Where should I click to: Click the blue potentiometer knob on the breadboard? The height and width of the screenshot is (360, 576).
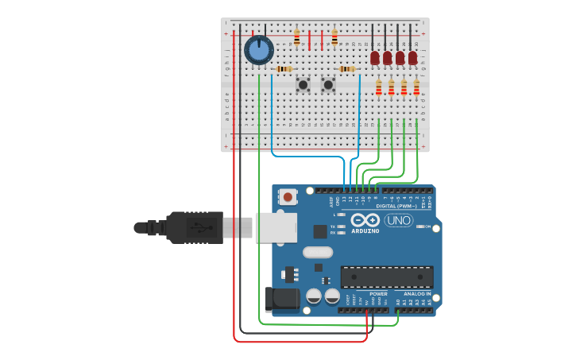258,50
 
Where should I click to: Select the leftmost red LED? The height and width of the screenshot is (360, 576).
375,57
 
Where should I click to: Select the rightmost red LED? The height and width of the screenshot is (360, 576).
412,57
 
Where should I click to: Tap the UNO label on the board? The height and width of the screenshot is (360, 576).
398,220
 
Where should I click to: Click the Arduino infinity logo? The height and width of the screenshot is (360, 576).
365,220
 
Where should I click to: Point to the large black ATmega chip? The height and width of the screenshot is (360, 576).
387,277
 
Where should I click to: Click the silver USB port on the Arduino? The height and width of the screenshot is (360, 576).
276,227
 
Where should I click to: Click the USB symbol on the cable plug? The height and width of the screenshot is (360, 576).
199,227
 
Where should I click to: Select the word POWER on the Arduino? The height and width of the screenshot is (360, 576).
378,293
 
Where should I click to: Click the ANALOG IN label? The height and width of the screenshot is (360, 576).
417,293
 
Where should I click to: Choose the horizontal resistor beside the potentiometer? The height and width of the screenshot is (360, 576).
284,69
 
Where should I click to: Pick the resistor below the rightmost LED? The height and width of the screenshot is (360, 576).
416,87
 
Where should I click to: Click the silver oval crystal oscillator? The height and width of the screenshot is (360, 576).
317,253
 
